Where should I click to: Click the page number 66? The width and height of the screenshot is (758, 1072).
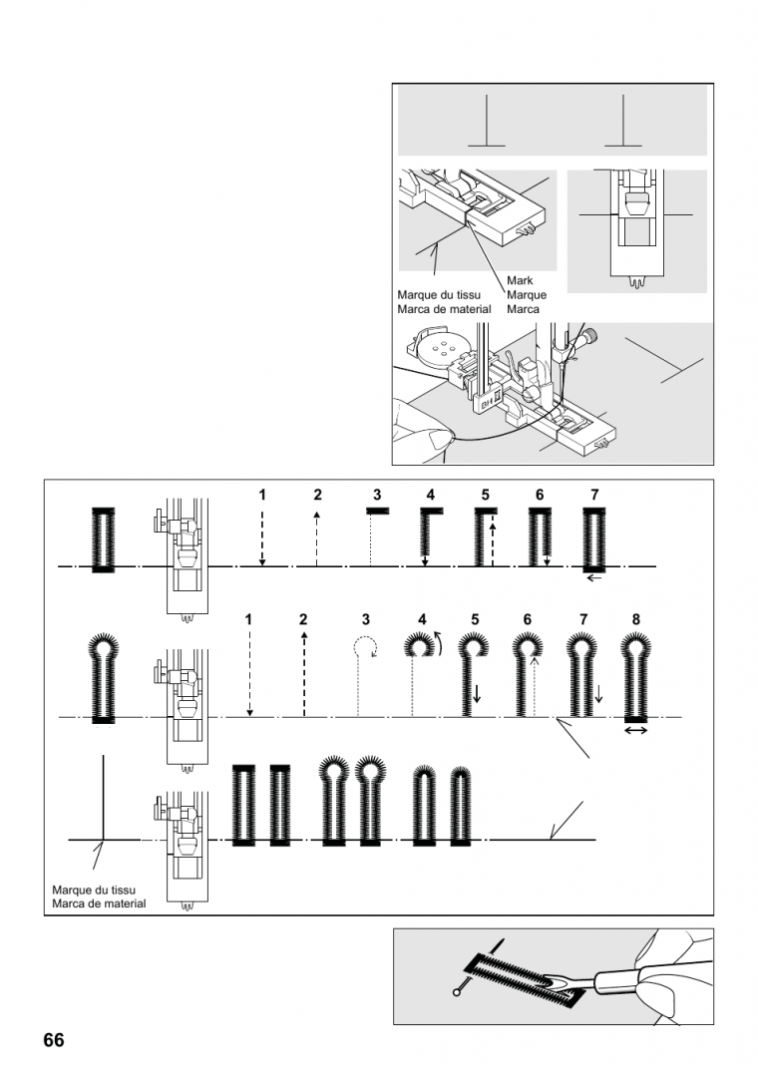coord(53,1040)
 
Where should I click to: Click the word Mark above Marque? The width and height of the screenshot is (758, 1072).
coord(520,280)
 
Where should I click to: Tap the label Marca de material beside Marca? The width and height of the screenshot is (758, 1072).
coord(444,309)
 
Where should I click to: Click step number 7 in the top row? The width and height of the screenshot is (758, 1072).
coord(594,495)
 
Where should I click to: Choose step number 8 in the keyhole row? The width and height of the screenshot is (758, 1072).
coord(635,619)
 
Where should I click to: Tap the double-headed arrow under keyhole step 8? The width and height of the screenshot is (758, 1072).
coord(636,730)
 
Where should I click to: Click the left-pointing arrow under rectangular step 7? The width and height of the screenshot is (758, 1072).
coord(594,577)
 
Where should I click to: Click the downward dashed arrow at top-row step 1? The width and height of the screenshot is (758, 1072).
coord(261,536)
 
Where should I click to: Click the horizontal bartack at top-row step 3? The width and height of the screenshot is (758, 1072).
coord(377,512)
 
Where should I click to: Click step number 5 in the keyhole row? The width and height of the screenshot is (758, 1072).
coord(475,619)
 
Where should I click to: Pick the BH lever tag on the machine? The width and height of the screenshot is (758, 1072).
coord(486,402)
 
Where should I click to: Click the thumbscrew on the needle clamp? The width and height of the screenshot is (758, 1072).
coord(590,335)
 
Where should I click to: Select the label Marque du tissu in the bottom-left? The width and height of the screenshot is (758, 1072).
coord(94,891)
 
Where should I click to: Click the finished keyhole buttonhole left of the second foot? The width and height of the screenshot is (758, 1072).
coord(103,679)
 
